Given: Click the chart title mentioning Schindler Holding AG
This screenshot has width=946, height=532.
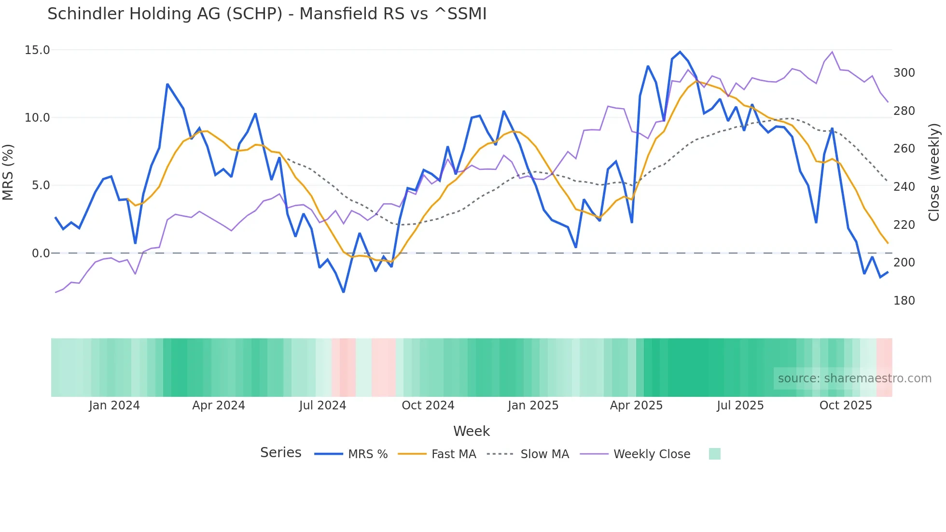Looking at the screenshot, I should click(267, 14).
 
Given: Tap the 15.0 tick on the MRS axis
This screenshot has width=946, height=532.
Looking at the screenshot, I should click(37, 50).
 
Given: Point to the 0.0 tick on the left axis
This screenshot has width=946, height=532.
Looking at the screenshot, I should click(41, 253).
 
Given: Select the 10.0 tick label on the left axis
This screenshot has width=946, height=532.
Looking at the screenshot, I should click(37, 118).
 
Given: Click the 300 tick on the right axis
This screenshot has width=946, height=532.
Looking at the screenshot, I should click(904, 73).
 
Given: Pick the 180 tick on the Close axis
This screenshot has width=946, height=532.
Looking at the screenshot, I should click(904, 301).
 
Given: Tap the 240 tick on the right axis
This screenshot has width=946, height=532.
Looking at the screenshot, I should click(904, 187).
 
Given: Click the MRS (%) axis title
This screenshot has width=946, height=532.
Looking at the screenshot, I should click(8, 172).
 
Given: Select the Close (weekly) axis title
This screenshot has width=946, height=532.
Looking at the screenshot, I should click(934, 172).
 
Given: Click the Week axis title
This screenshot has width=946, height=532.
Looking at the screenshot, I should click(471, 431).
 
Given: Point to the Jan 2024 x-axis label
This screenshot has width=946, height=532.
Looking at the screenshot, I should click(114, 406).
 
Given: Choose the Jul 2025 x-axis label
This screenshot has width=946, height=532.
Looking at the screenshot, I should click(740, 406).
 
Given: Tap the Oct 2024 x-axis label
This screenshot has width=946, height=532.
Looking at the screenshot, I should click(428, 406).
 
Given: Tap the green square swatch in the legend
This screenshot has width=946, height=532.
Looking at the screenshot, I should click(714, 454).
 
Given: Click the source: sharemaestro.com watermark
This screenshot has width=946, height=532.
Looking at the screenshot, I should click(854, 378).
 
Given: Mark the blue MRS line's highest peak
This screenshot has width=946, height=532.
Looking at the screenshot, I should click(680, 52).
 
